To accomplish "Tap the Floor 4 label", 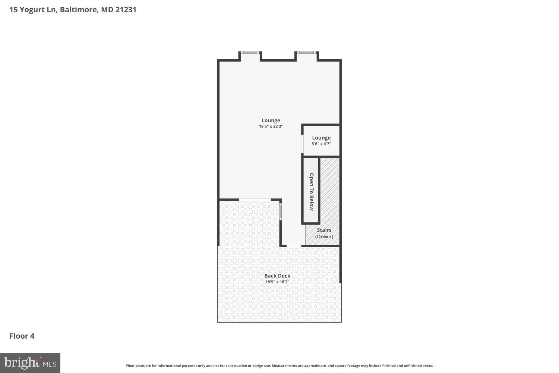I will point(22,336).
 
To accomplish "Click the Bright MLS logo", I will point(30,363).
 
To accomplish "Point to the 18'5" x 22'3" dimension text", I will point(271,126).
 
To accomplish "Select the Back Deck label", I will point(277,276).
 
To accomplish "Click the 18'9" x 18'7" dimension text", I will point(277,282).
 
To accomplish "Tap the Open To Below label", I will point(311,191).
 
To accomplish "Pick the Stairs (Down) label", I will point(324,233).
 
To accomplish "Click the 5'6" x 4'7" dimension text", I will point(321,144).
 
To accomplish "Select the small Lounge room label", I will point(321,138).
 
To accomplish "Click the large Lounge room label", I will point(271,120).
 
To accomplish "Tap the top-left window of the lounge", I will point(250,53).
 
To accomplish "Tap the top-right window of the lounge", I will point(307,53).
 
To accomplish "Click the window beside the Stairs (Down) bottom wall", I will point(294,246).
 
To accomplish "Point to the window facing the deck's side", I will point(281,211).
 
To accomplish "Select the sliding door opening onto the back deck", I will point(255,200).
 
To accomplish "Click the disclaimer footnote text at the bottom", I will point(279,366).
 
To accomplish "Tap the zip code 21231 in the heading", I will point(126,10).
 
